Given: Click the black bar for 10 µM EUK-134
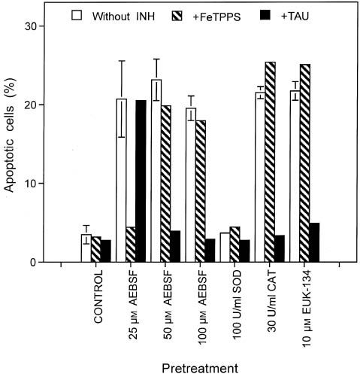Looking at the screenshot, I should [x=314, y=242].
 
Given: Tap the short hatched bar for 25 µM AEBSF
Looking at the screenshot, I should [x=130, y=245].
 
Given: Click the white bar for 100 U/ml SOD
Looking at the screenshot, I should [x=225, y=248].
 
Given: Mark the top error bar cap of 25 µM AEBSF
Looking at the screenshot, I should [x=121, y=60].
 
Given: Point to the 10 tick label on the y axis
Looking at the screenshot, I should [x=41, y=184].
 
